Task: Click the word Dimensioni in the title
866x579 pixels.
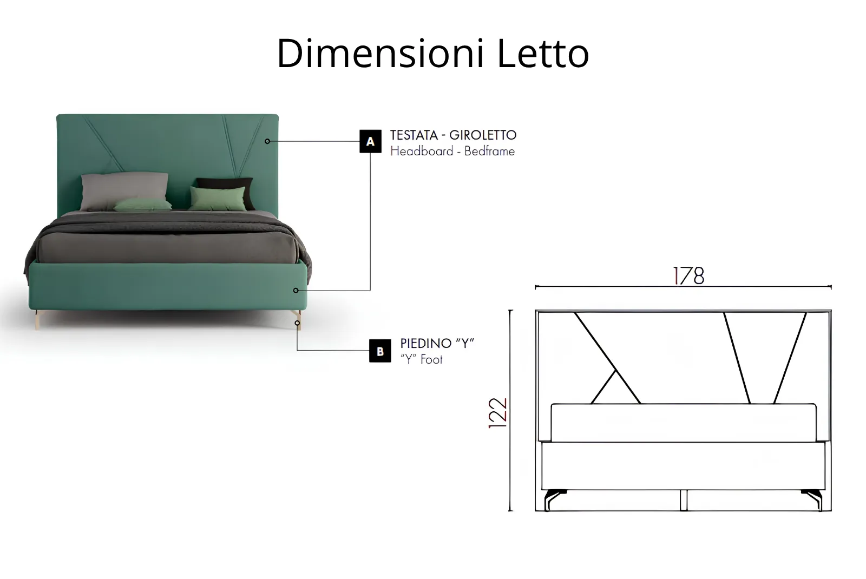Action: coord(380,54)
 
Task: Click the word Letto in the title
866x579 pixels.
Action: coord(543,54)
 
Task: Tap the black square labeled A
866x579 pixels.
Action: coord(370,141)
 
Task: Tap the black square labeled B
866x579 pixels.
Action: coord(380,351)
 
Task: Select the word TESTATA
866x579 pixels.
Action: coord(414,135)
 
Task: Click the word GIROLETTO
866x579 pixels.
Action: coord(483,135)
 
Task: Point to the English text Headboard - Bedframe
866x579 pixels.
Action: coord(452,151)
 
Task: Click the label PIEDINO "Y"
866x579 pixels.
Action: coord(437,343)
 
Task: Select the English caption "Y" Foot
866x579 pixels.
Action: coord(422,359)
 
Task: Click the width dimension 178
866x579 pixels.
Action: coord(689,276)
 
